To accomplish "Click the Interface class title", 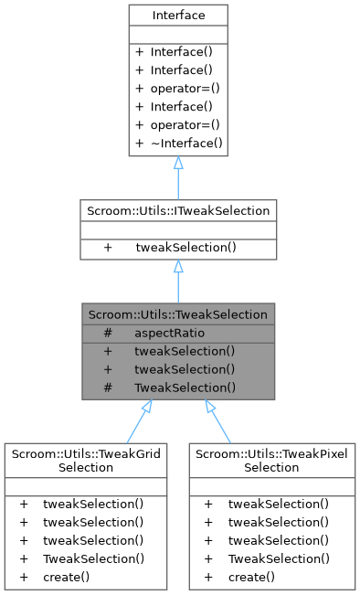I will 177,16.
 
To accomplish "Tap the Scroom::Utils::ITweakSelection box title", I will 177,211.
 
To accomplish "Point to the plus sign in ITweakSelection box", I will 108,247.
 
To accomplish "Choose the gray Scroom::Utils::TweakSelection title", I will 177,314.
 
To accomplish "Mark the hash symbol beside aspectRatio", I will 108,333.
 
